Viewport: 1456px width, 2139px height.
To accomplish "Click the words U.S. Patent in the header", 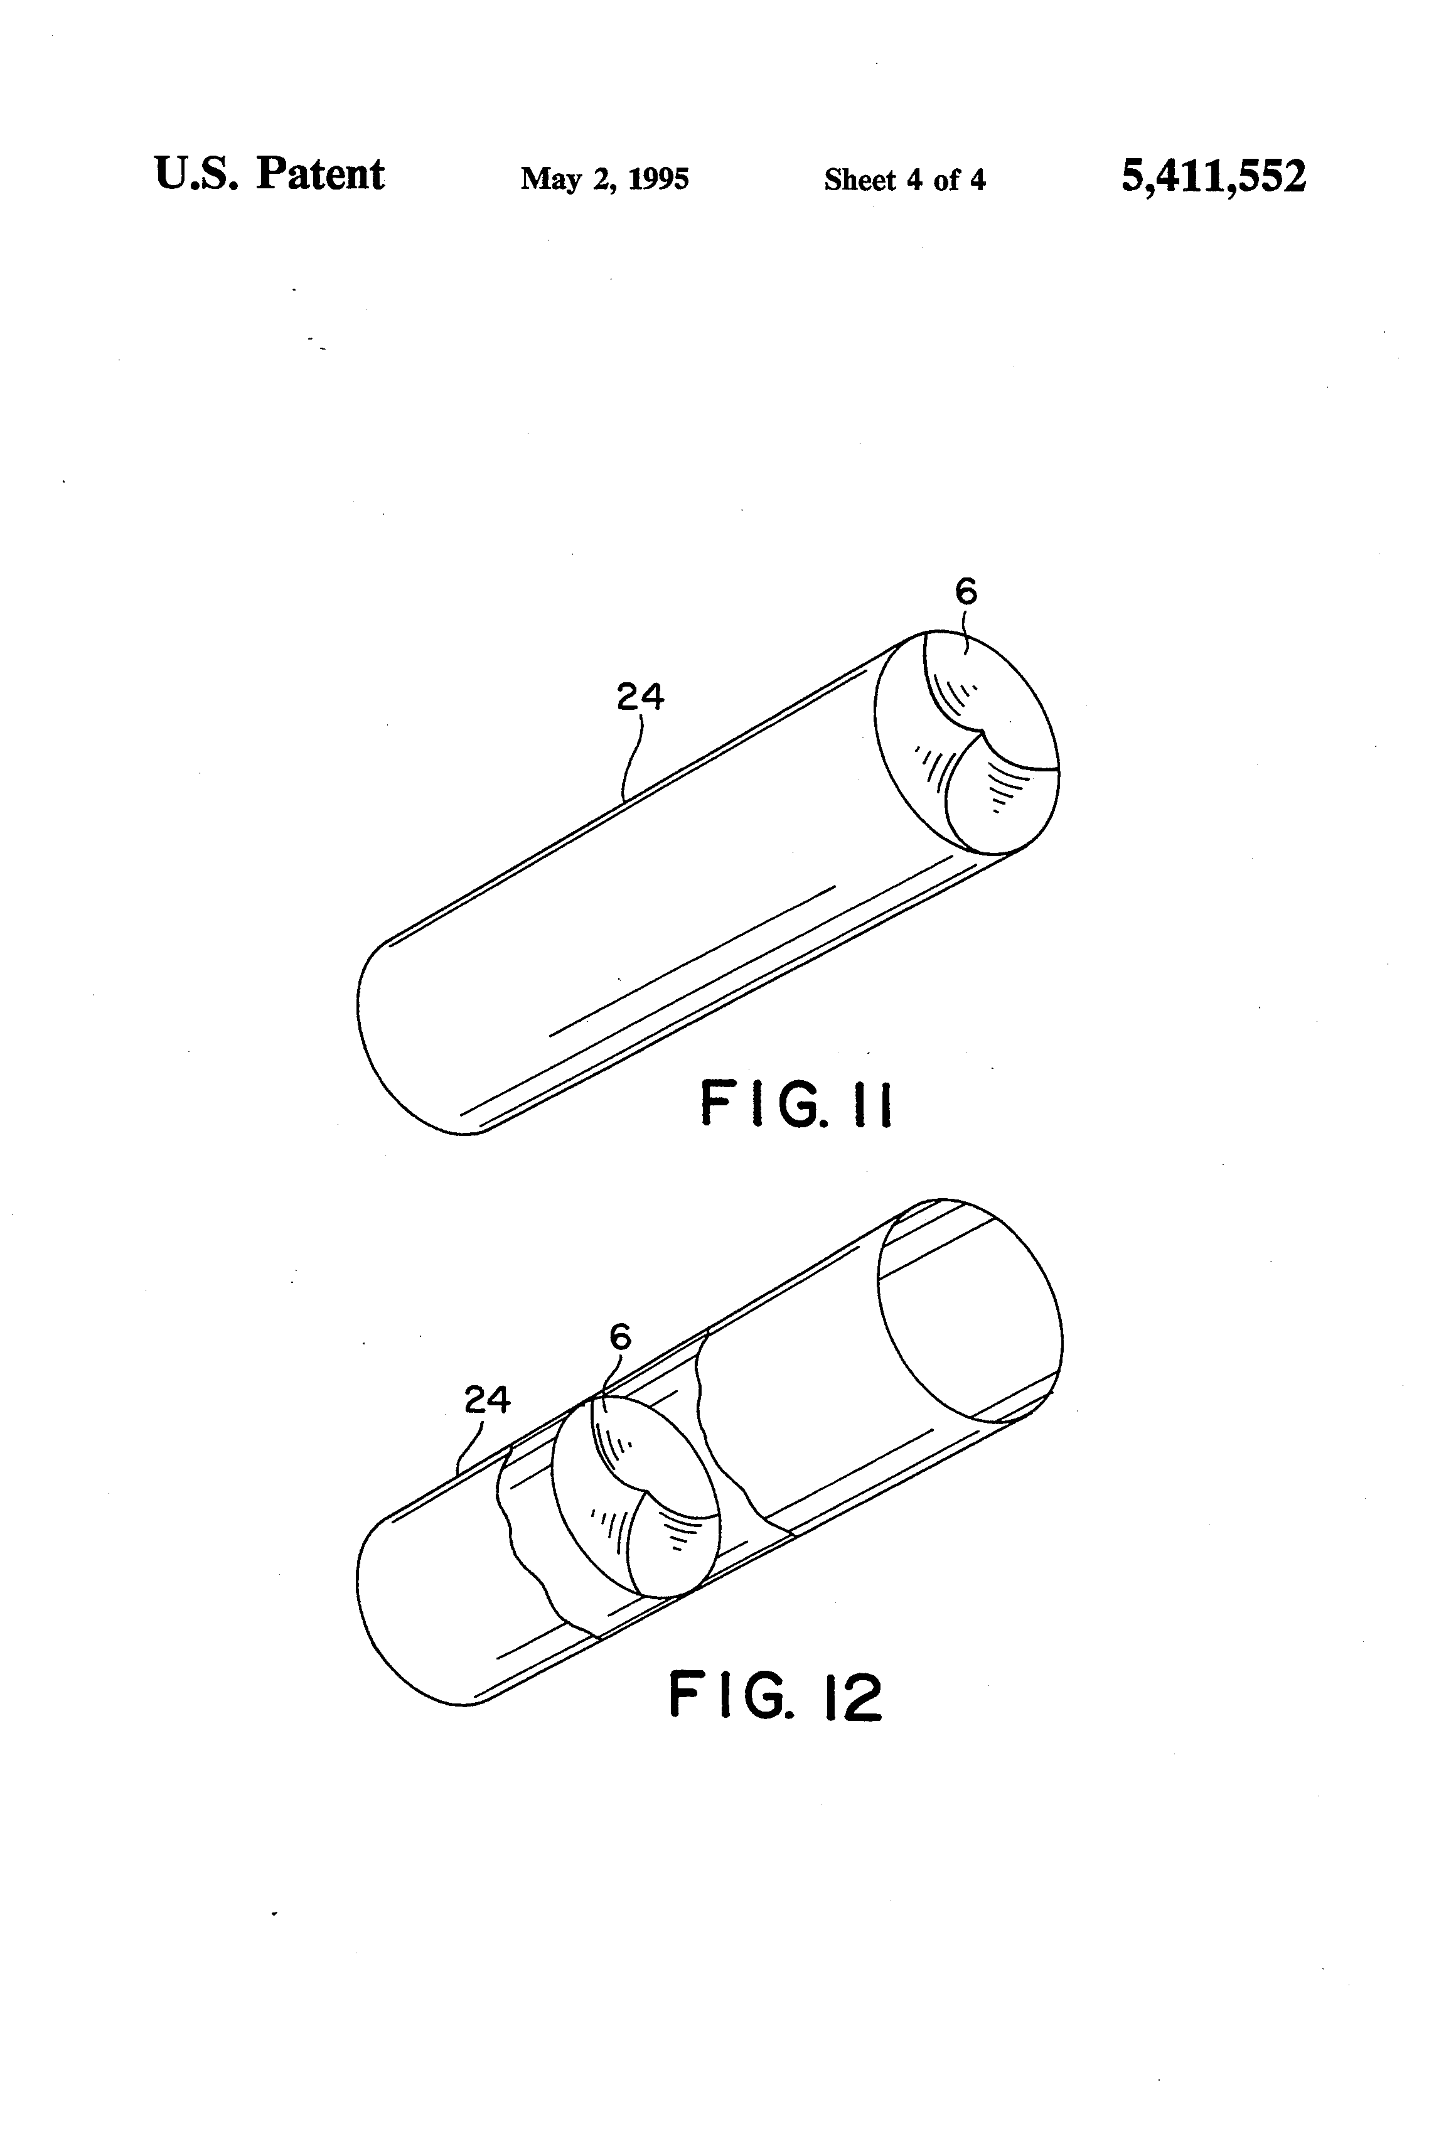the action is pos(269,173).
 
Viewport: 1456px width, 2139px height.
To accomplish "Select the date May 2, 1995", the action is pos(604,178).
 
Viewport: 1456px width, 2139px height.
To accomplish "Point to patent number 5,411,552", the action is pos(1213,175).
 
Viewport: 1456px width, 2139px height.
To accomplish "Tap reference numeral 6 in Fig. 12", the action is pos(621,1336).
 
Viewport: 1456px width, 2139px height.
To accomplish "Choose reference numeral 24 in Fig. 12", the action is pos(487,1400).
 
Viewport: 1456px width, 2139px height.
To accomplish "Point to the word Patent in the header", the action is pos(320,173).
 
